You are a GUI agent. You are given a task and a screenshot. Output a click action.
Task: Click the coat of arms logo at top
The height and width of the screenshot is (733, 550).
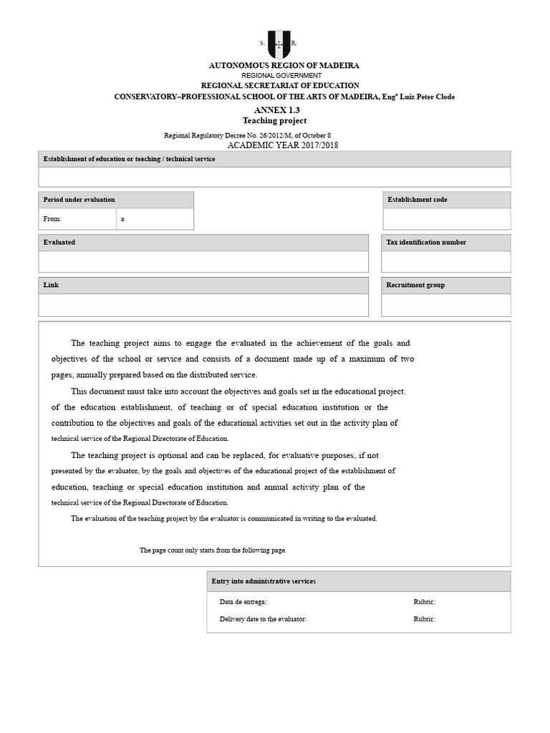coord(279,44)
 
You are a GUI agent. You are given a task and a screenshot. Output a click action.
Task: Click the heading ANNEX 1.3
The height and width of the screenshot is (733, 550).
coord(274,110)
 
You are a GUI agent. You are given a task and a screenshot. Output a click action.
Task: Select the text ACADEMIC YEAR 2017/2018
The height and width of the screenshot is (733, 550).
coord(283,145)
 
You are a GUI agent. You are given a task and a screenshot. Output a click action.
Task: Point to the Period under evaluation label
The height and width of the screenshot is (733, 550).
coord(79,200)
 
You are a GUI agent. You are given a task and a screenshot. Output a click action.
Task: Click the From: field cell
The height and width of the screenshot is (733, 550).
coord(77,219)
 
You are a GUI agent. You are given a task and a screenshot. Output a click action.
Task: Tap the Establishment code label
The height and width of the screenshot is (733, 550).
coord(417,200)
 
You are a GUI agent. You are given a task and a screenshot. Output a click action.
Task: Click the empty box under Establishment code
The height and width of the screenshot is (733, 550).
coord(446,219)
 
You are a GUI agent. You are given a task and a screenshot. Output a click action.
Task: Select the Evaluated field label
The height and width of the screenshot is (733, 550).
coord(59,243)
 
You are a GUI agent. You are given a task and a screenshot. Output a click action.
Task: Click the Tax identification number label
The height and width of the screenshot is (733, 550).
coord(426,243)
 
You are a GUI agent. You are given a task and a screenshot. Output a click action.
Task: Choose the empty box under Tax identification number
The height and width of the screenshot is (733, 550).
coord(446,262)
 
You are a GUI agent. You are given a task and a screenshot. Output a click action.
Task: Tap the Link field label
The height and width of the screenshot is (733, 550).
coord(51,286)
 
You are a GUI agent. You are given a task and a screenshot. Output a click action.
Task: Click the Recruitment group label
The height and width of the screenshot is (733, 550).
coord(415,286)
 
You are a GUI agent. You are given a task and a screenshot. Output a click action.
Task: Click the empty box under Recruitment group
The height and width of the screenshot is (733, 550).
coord(446,305)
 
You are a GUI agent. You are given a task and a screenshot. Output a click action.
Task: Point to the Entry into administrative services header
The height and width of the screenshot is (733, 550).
coord(264,581)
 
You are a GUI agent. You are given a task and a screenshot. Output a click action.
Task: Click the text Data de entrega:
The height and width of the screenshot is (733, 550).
coord(243,603)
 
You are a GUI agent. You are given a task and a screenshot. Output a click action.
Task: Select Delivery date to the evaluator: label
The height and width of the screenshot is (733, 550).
coord(263,619)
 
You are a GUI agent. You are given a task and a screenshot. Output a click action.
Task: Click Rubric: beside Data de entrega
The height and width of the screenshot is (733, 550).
coord(424,603)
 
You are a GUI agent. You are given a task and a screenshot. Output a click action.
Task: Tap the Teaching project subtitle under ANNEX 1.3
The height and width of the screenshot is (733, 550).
coord(274,121)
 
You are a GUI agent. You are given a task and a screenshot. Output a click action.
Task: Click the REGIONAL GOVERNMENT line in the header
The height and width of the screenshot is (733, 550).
coord(281,75)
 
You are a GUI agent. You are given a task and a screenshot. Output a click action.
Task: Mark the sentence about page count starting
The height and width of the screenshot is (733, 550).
coord(213,550)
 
